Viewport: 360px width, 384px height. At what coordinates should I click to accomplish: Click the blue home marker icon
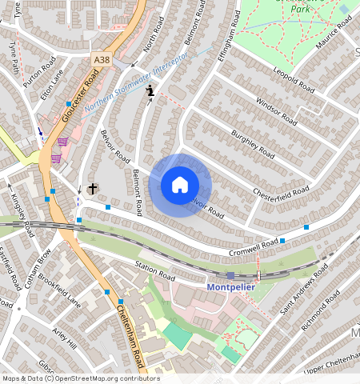180,186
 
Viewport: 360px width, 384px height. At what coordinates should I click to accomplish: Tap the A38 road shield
102,59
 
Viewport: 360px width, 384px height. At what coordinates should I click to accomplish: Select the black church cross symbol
93,189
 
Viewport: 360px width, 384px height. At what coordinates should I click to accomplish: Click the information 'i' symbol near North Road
149,94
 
